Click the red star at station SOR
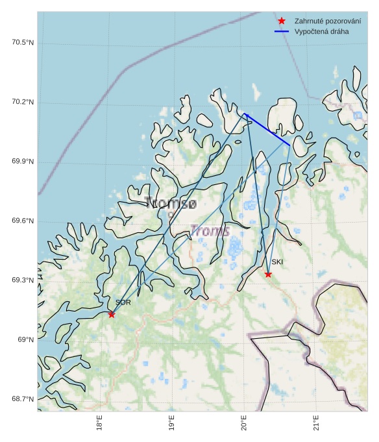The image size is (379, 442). click(x=112, y=314)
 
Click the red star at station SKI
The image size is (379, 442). click(x=268, y=274)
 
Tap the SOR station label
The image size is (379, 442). click(x=123, y=302)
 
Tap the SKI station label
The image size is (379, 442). click(x=277, y=262)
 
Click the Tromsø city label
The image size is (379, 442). click(x=171, y=203)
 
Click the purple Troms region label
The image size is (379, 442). click(x=210, y=230)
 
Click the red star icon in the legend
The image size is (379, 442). click(x=282, y=21)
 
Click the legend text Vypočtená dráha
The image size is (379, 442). click(x=321, y=31)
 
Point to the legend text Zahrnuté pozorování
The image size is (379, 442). click(x=327, y=21)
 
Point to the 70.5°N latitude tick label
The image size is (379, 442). click(x=23, y=43)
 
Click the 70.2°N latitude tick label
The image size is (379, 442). click(x=23, y=103)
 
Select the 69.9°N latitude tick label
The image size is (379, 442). click(x=23, y=162)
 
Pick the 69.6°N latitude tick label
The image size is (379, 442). click(x=23, y=221)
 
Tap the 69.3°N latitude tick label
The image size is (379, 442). click(x=23, y=280)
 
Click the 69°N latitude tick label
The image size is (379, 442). click(x=25, y=340)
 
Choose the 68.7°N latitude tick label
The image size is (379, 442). click(x=23, y=399)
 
